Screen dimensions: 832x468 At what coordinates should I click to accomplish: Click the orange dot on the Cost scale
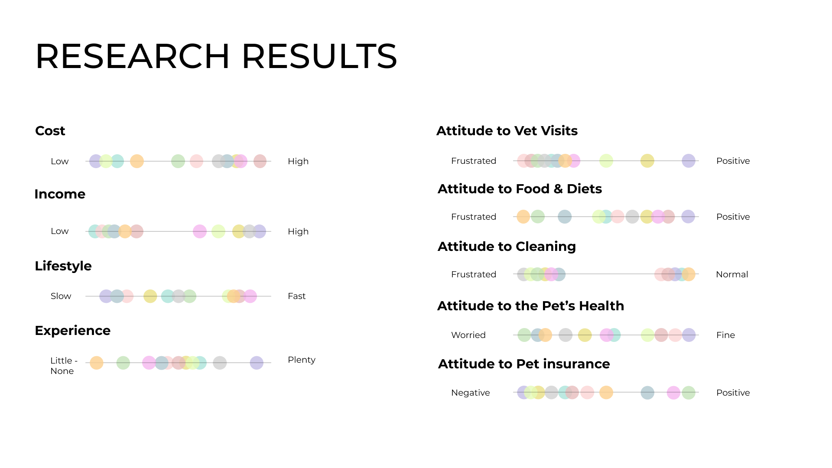click(x=137, y=161)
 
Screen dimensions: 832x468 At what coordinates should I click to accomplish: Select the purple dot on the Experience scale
click(x=257, y=363)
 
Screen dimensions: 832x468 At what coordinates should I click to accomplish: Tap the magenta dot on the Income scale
click(x=200, y=231)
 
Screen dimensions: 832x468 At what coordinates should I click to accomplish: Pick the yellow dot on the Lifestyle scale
click(x=150, y=296)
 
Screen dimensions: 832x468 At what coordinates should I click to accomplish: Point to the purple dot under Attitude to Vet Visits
click(x=689, y=161)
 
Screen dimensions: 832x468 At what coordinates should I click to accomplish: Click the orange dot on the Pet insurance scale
click(x=606, y=393)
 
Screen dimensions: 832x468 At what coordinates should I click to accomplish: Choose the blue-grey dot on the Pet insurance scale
click(x=647, y=393)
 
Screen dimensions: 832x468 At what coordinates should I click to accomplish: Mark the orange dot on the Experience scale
click(x=97, y=363)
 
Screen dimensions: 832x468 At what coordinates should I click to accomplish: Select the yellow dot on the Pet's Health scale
click(x=585, y=335)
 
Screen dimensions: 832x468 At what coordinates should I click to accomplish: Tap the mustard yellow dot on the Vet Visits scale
click(x=647, y=161)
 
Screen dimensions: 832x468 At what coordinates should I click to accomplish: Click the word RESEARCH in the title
click(x=133, y=56)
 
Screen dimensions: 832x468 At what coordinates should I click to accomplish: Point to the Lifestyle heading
click(x=63, y=266)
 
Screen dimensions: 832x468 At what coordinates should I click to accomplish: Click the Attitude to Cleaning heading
click(x=507, y=246)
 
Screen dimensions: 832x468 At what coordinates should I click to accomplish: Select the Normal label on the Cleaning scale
click(x=732, y=274)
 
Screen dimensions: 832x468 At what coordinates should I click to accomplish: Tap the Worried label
click(x=468, y=335)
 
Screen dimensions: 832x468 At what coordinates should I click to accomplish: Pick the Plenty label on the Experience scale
click(x=302, y=360)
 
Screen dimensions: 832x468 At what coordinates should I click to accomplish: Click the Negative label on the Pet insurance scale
click(x=470, y=393)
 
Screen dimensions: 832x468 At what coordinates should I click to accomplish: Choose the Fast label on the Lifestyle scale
click(x=296, y=296)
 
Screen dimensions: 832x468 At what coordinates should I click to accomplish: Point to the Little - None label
click(x=64, y=366)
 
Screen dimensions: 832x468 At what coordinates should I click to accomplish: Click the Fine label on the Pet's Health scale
click(x=725, y=335)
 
